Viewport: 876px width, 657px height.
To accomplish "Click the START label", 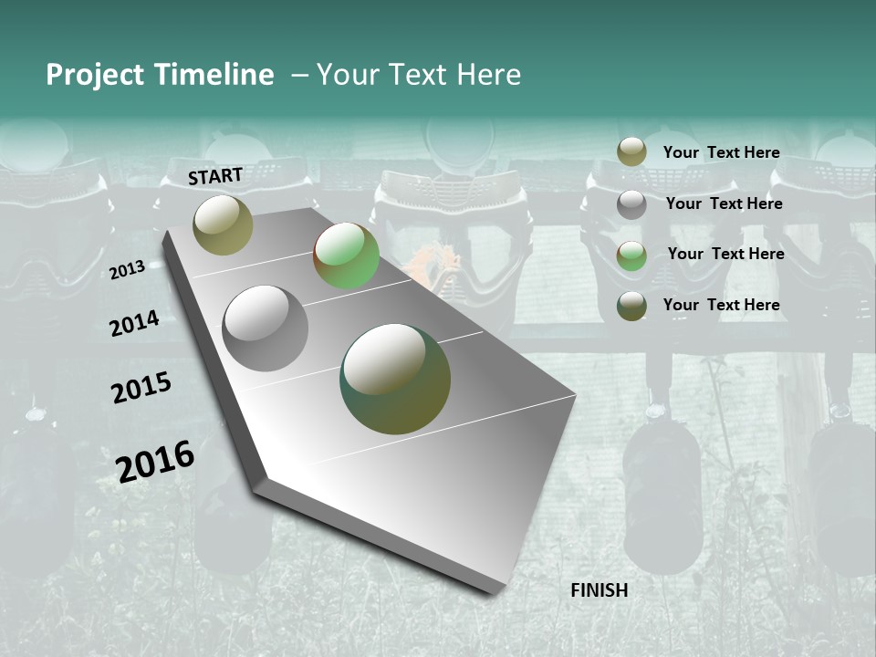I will pos(215,176).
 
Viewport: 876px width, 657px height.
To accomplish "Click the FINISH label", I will pos(599,590).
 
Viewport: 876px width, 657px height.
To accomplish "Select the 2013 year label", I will pos(128,269).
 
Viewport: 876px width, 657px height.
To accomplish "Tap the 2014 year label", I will pos(135,324).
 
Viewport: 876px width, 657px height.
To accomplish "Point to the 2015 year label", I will pos(141,388).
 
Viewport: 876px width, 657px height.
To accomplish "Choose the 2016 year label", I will pos(155,461).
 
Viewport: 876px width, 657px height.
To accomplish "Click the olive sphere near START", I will pos(223,224).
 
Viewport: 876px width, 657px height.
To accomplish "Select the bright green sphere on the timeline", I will pos(346,255).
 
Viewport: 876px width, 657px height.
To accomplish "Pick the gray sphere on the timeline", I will pos(266,328).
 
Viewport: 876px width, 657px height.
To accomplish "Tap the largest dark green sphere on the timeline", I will pos(395,379).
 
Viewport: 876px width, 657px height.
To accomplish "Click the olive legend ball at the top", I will pos(631,151).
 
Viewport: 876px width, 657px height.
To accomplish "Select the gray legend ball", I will pos(631,204).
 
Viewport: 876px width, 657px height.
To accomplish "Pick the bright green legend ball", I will pos(631,255).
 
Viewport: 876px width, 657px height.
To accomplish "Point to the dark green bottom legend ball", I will pos(631,306).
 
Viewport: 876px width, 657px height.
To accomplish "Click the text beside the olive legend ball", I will pos(721,152).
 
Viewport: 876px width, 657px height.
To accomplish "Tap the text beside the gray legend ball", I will pos(724,203).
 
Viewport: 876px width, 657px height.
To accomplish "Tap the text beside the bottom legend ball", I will pos(721,305).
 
